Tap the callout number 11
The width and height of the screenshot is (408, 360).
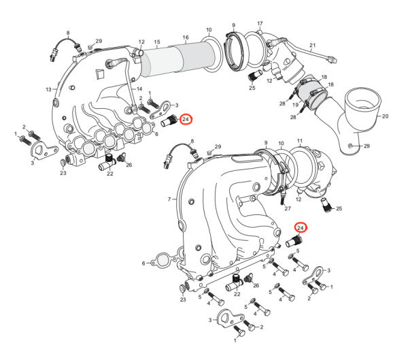(300, 141)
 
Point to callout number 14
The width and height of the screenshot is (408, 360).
(139, 88)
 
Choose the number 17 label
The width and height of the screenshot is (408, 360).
(260, 24)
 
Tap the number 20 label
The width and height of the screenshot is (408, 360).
(385, 116)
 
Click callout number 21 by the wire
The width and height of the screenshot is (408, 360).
(313, 46)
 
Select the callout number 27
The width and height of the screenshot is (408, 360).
(287, 208)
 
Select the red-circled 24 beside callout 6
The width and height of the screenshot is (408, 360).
(186, 119)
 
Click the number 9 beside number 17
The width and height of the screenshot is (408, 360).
(233, 24)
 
